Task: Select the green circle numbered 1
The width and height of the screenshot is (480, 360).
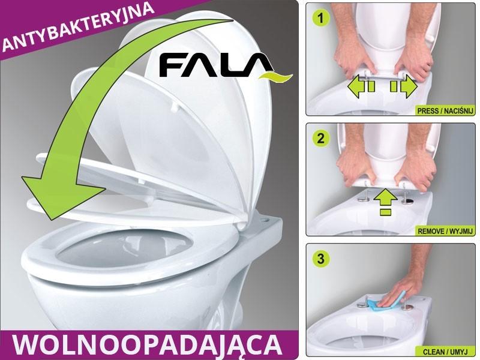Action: pos(323,18)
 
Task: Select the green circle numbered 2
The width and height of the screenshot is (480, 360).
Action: pos(323,138)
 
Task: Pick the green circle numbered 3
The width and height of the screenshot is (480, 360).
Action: pos(323,259)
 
